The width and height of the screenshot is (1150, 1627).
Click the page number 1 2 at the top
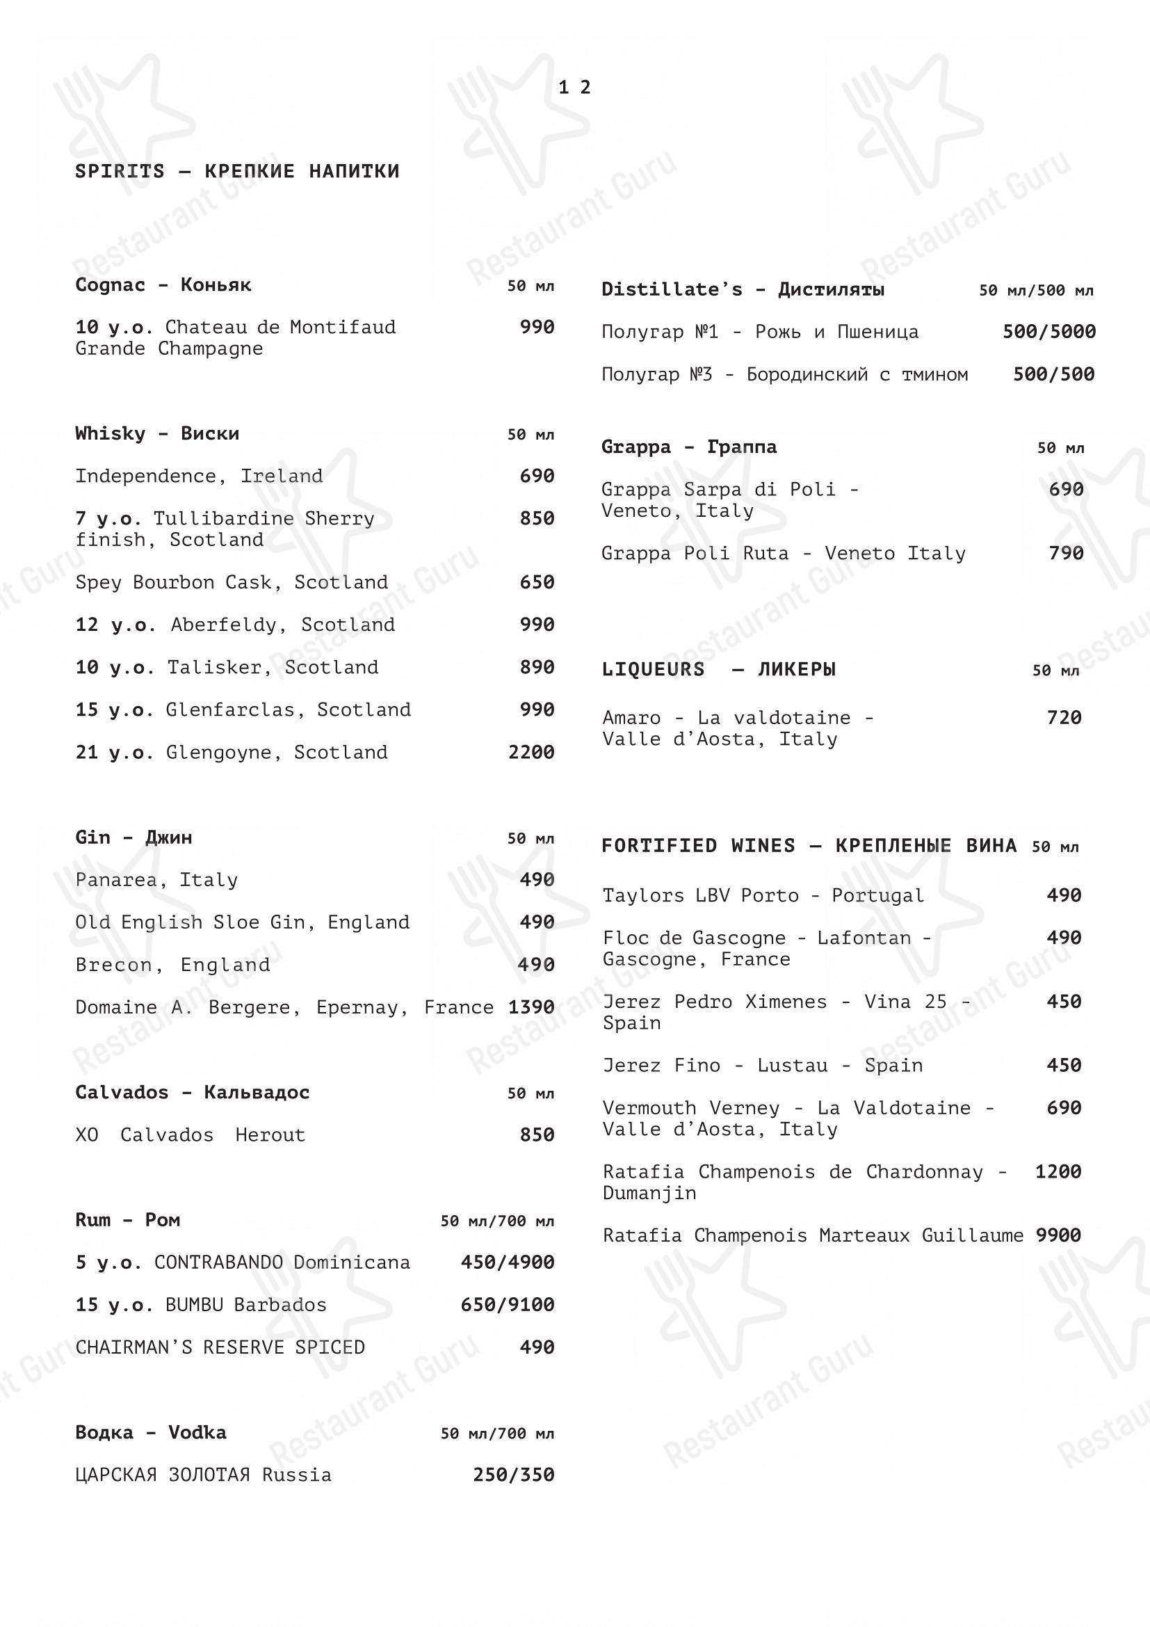[x=574, y=87]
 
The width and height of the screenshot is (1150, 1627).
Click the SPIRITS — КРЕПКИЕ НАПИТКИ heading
[x=237, y=172]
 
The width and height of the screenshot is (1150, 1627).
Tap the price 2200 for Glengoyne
[x=531, y=753]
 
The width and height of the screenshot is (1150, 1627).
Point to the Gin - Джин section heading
[x=133, y=837]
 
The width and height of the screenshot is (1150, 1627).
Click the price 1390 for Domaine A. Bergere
[x=531, y=1008]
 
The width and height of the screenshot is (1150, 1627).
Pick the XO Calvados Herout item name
[x=191, y=1135]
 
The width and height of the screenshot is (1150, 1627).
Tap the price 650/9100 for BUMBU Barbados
[x=507, y=1305]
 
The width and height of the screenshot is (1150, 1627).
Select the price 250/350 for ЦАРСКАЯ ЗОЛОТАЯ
[x=513, y=1475]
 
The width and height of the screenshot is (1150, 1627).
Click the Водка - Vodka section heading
[x=151, y=1433]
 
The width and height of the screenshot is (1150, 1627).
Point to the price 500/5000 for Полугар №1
[x=1048, y=332]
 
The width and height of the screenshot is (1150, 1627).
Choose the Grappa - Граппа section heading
[x=689, y=447]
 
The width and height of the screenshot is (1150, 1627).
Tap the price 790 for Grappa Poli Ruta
[x=1066, y=554]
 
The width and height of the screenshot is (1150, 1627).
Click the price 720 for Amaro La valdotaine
[x=1064, y=718]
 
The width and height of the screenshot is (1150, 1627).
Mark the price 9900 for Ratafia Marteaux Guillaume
[x=1058, y=1236]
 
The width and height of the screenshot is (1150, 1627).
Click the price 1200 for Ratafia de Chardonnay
[x=1058, y=1172]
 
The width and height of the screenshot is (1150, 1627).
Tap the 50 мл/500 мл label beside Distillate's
[x=1036, y=291]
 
